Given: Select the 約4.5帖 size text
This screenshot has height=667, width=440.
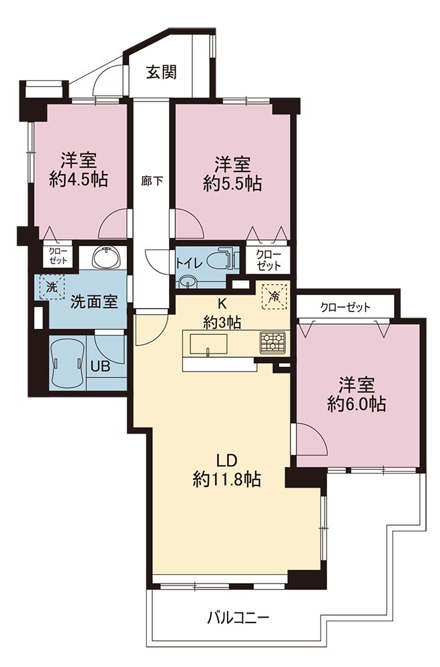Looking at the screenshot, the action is point(78,179).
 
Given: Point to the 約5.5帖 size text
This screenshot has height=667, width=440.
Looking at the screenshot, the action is point(232,183).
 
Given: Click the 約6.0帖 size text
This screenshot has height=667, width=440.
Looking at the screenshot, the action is point(357,403).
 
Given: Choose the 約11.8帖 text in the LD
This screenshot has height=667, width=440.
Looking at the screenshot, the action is point(226,480).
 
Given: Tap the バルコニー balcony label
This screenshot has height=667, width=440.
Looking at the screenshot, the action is point(238,617).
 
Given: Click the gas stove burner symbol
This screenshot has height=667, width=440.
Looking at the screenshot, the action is point(272,342).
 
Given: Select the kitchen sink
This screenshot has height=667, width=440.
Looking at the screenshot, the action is point(208,344).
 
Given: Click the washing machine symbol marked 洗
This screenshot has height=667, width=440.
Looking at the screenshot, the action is point(51,286).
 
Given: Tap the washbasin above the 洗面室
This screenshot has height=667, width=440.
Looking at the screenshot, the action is point(106,257).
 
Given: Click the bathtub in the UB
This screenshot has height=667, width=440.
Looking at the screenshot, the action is point(67,364).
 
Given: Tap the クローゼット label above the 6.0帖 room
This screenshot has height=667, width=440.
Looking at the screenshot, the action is point(345,307).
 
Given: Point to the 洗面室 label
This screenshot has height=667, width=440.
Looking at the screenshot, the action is point(93,301).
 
